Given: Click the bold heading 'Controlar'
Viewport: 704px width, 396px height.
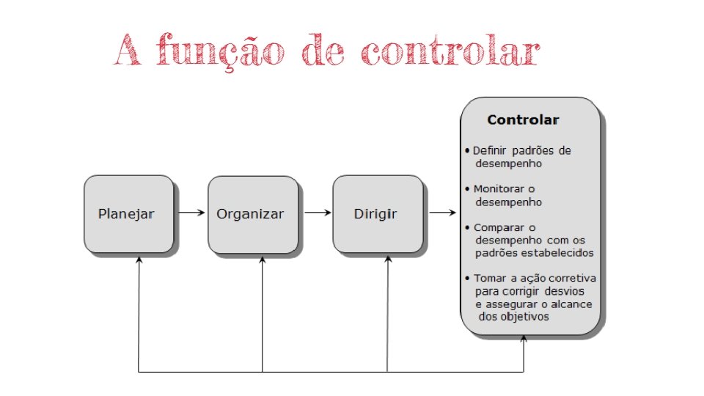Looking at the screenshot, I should pyautogui.click(x=523, y=120).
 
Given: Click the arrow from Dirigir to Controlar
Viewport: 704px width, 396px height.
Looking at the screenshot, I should pyautogui.click(x=442, y=213).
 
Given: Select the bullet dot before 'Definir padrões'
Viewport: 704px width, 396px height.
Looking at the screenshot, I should pyautogui.click(x=469, y=151).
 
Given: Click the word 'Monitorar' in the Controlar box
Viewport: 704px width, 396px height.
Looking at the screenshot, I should pyautogui.click(x=499, y=188).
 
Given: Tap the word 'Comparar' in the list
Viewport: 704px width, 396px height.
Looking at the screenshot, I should pyautogui.click(x=496, y=227).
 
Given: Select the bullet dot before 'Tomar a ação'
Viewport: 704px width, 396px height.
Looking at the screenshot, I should pyautogui.click(x=469, y=279).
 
